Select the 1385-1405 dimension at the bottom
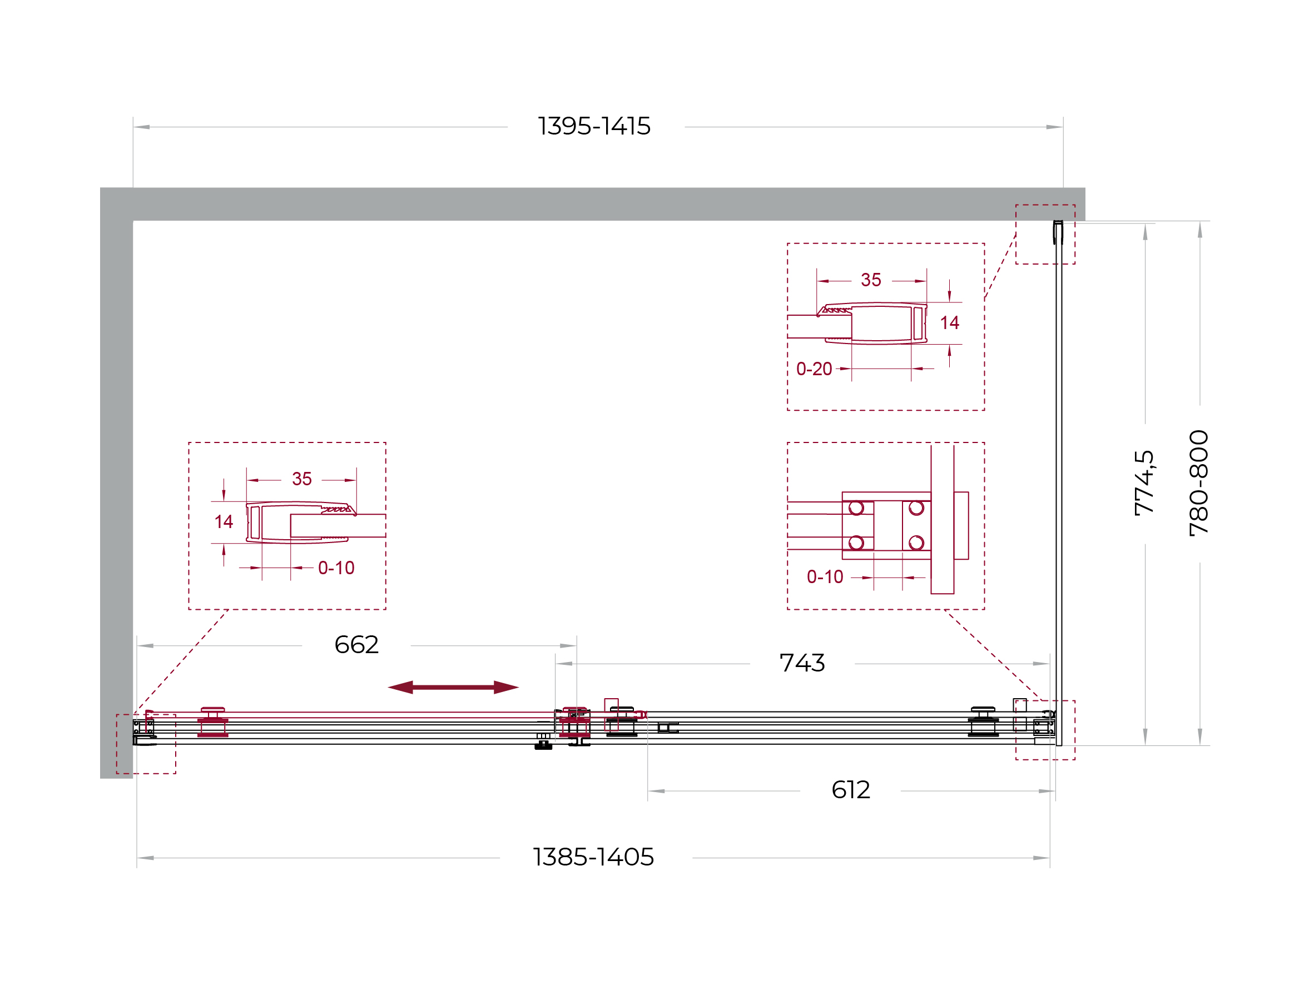593,857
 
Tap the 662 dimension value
356,645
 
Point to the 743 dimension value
802,663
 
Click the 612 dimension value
851,790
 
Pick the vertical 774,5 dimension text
1144,482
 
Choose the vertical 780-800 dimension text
1199,483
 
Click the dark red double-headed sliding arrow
453,688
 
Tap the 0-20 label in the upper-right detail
814,369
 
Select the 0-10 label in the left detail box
336,568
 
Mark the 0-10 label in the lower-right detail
825,577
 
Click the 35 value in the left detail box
302,479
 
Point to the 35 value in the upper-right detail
871,280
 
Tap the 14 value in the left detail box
224,522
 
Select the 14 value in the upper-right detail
949,323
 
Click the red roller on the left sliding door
212,723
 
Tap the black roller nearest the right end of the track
983,722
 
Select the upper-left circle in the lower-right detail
856,508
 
